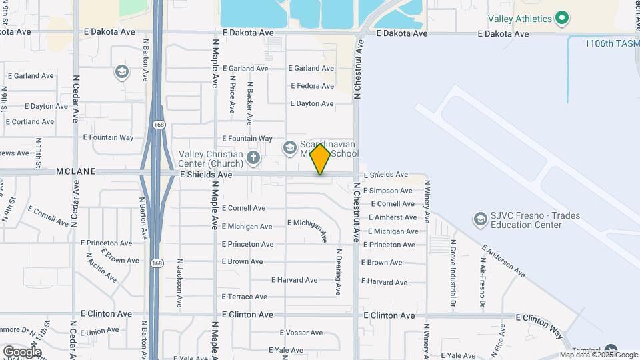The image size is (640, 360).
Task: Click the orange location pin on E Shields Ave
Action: (x=320, y=159)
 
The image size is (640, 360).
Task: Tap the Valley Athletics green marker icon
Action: (x=562, y=19)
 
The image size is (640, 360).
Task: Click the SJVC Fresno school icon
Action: (x=480, y=219)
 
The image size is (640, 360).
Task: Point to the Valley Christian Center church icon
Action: (x=253, y=158)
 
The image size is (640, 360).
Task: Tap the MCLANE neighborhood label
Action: (x=76, y=171)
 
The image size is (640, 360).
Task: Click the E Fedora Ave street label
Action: (x=312, y=86)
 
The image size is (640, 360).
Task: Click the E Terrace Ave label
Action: (x=245, y=297)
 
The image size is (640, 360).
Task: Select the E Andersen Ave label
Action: (x=504, y=259)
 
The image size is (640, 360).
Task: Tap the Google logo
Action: (x=22, y=351)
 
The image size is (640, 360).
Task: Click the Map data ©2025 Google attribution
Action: (x=599, y=355)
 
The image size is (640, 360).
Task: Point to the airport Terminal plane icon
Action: (x=611, y=351)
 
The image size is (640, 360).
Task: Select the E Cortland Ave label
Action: (x=30, y=122)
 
